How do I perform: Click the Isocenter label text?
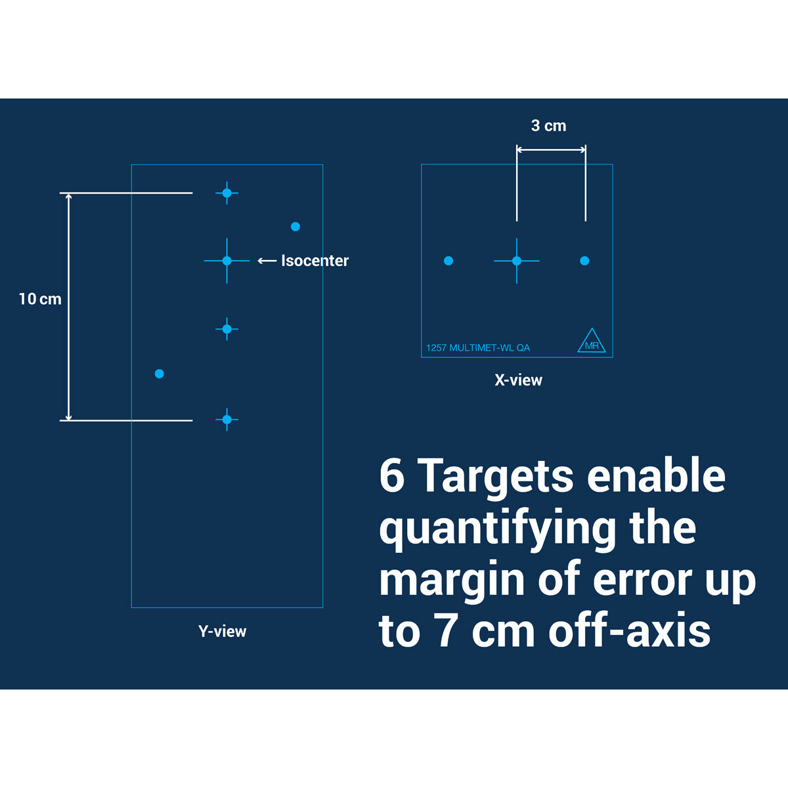(x=315, y=261)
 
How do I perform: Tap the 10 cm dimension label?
(x=40, y=299)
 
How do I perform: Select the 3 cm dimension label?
(x=548, y=125)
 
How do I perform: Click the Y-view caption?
(x=223, y=631)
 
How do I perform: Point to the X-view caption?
(x=518, y=380)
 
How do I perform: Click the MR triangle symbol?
(x=591, y=340)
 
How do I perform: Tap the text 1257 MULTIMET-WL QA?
(x=478, y=347)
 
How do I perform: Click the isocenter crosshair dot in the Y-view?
(x=227, y=261)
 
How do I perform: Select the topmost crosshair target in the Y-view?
(x=227, y=193)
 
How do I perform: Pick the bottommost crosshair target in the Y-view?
(x=227, y=420)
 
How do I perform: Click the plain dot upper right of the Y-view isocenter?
(x=295, y=227)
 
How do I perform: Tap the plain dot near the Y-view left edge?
(x=160, y=374)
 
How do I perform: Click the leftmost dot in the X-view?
(x=449, y=261)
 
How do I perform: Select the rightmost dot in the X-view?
(x=585, y=261)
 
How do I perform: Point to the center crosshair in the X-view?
(x=517, y=261)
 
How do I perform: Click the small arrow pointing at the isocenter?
(x=267, y=261)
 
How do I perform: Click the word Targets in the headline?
(x=497, y=477)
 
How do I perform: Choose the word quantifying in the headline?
(x=498, y=529)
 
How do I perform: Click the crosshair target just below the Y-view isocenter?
(x=227, y=329)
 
